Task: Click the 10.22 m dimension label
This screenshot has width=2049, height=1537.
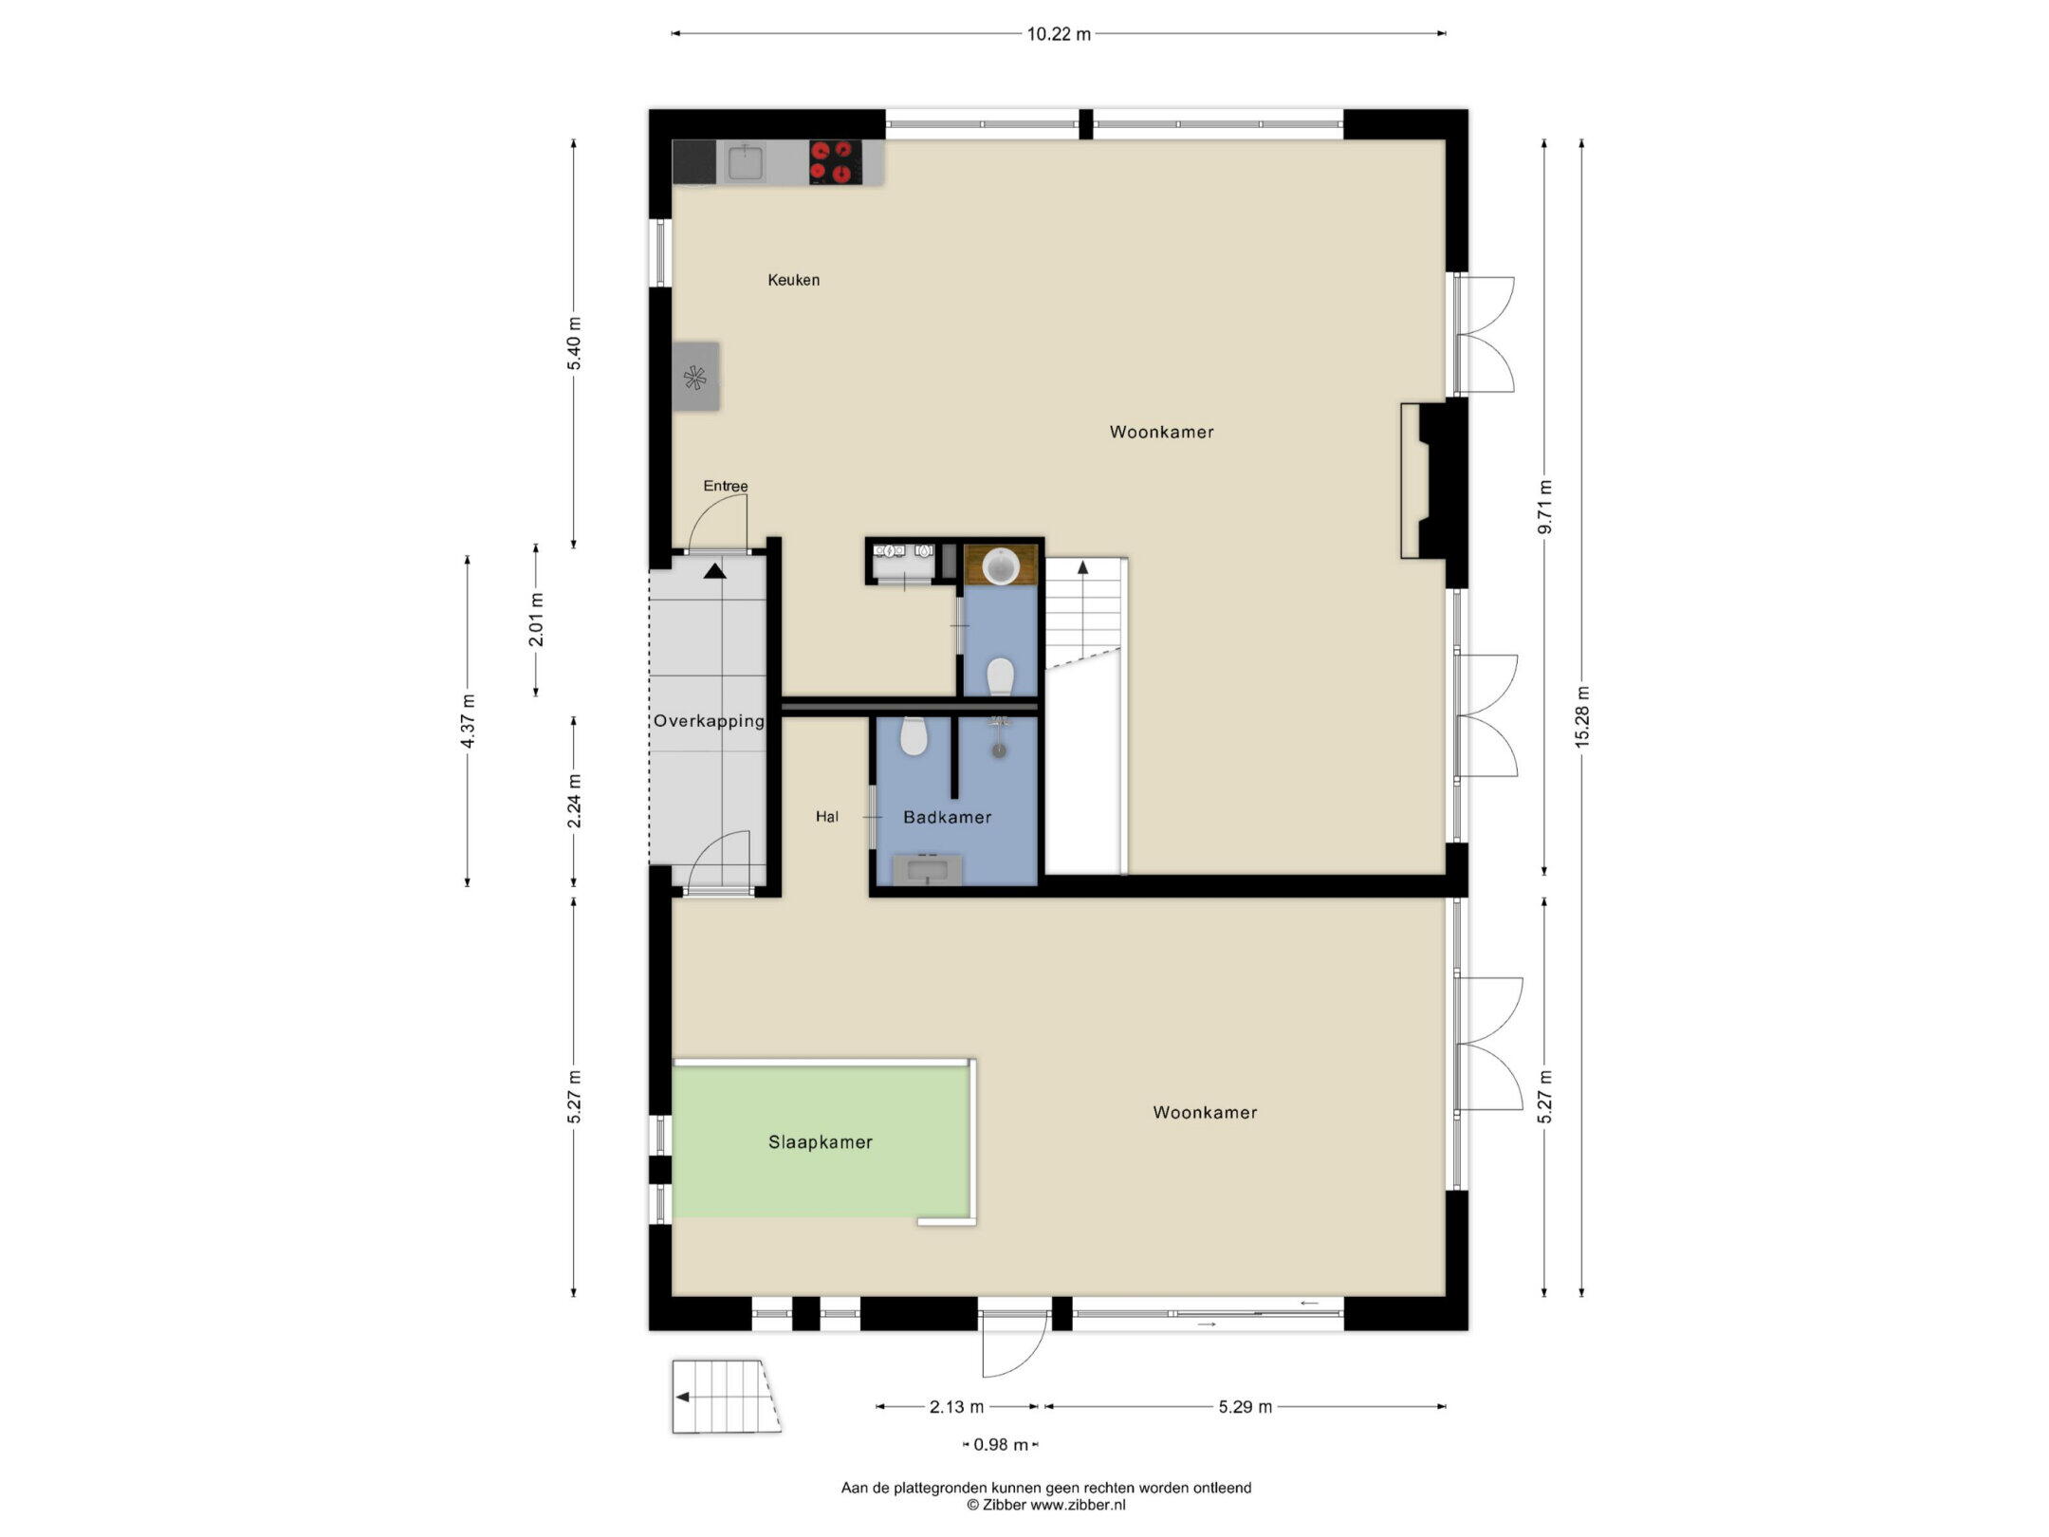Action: [1059, 34]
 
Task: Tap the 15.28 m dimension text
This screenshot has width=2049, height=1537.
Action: [1581, 716]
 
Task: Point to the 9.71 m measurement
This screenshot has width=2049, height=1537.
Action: [1544, 507]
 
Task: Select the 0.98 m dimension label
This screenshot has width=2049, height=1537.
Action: [1001, 1444]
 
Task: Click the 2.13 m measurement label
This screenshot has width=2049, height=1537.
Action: [956, 1406]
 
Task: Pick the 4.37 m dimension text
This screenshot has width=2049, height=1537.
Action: [468, 721]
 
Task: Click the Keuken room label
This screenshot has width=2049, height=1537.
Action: [794, 280]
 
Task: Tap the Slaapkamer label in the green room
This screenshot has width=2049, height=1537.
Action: [821, 1142]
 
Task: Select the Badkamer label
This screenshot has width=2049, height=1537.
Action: [947, 817]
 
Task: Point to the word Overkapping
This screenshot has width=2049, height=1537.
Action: [709, 721]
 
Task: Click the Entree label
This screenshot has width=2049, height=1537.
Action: [726, 486]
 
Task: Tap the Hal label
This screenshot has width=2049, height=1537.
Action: [827, 817]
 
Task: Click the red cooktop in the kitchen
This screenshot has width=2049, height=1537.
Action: [836, 162]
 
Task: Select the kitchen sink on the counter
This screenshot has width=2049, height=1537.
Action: [746, 163]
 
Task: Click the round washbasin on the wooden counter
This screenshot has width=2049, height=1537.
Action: [1001, 566]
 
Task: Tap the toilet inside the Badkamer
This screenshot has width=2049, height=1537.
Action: [913, 735]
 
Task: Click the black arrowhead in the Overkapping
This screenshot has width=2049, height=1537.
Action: [715, 570]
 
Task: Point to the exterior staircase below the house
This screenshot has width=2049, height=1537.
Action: [727, 1398]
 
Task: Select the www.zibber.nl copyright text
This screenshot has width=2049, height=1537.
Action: [1045, 1505]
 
